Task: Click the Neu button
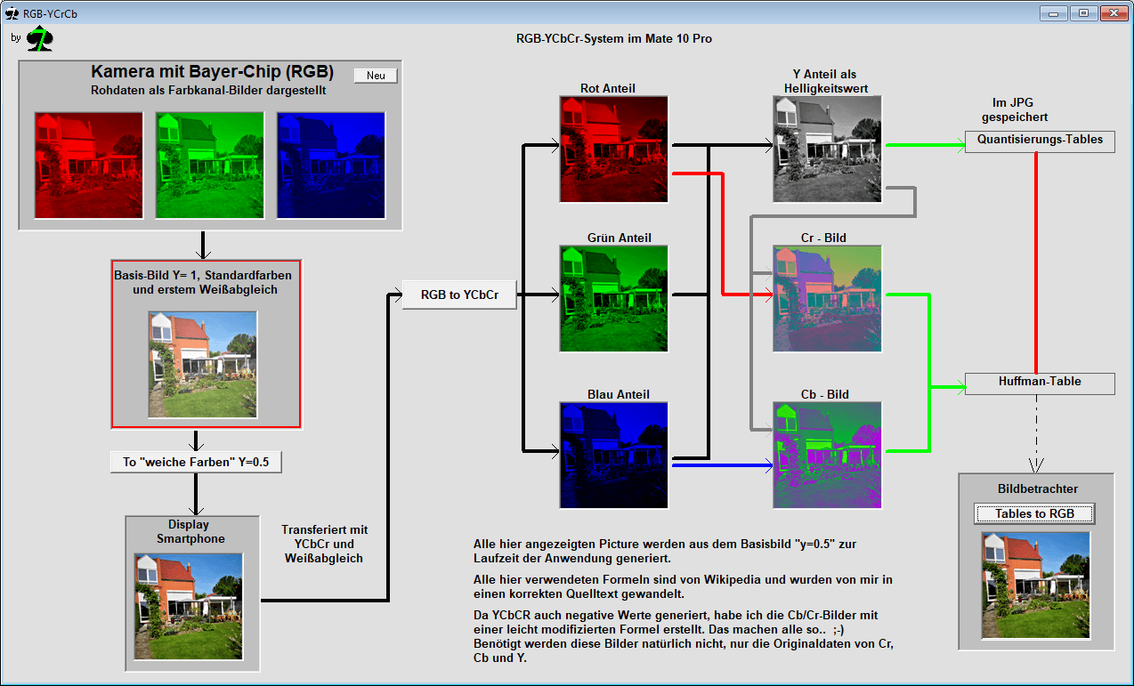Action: point(376,76)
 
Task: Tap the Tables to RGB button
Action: point(1034,513)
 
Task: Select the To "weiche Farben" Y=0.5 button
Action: point(196,462)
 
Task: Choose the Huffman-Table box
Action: point(1040,383)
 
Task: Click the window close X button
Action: point(1114,13)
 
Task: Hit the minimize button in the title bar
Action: point(1054,13)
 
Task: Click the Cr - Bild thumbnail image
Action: point(827,298)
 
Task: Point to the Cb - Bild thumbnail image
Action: point(827,455)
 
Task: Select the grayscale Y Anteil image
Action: point(827,149)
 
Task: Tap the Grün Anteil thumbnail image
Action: point(613,298)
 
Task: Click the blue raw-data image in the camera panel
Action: point(331,165)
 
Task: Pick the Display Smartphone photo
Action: point(189,607)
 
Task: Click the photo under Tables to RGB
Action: point(1036,585)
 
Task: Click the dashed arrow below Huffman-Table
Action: point(1036,434)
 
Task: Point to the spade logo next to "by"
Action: point(40,38)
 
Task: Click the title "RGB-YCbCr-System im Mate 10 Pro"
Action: point(613,39)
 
